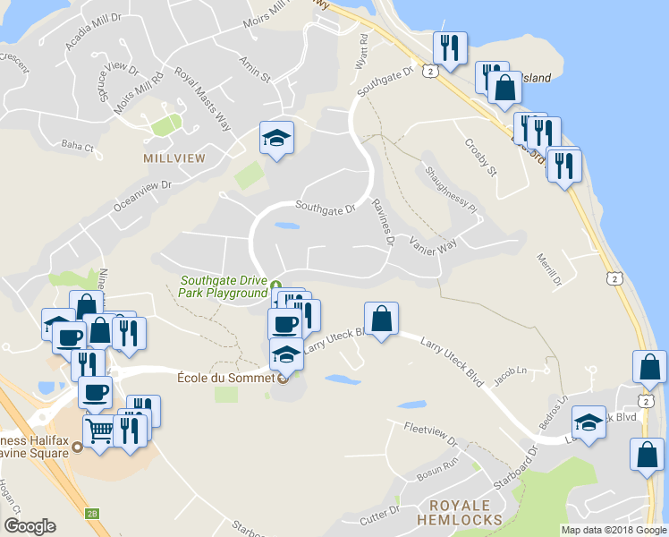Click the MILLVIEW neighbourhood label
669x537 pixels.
174,158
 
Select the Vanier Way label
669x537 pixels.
433,245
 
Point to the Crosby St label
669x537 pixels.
479,158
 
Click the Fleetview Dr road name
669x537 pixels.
429,434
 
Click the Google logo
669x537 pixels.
30,526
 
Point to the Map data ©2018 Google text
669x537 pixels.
614,530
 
